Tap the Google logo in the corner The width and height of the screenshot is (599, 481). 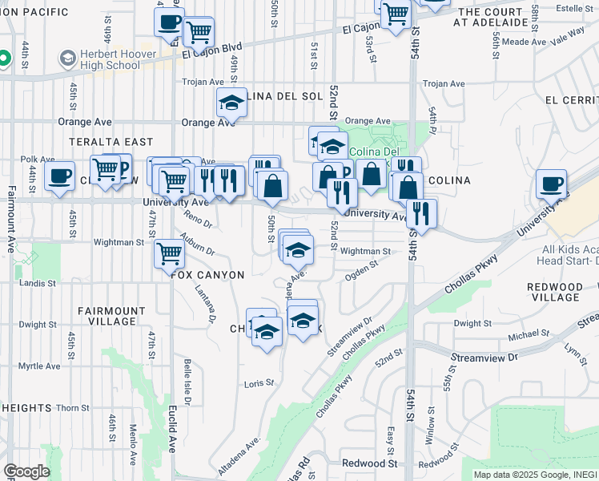coord(26,471)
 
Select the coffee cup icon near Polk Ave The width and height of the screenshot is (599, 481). coord(59,177)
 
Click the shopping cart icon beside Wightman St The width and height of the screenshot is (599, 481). coord(170,253)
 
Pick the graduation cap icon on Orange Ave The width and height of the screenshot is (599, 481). coord(231,103)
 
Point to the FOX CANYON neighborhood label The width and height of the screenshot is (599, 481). coord(207,274)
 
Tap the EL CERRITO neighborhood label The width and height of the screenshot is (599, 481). coord(570,100)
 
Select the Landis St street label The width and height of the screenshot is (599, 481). coord(38,283)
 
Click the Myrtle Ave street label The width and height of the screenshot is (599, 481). coord(40,366)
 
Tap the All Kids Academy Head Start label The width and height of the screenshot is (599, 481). coord(569,255)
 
